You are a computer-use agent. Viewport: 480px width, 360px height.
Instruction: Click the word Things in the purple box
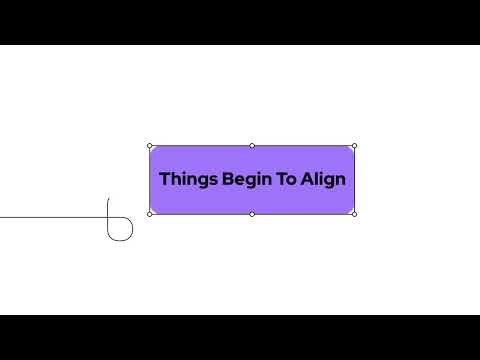182,180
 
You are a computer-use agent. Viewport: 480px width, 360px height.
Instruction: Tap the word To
281,180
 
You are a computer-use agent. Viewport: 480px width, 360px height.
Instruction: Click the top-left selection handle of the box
150,146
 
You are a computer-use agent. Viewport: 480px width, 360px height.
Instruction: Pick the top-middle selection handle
252,146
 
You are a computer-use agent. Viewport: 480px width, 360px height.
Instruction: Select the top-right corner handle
354,146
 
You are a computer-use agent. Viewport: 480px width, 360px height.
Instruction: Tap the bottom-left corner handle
150,214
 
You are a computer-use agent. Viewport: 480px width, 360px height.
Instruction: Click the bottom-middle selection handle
252,214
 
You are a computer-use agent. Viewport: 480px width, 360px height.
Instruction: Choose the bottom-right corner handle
354,214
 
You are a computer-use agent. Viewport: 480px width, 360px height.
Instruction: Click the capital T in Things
164,180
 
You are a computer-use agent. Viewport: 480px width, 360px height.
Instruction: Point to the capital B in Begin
217,180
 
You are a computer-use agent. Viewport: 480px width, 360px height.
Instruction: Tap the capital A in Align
306,180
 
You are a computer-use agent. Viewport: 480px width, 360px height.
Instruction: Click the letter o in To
287,181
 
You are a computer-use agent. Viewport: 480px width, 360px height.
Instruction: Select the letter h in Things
174,180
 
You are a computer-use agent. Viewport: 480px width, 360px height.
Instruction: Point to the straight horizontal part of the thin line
50,217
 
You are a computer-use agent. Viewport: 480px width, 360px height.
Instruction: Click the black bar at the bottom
240,337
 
